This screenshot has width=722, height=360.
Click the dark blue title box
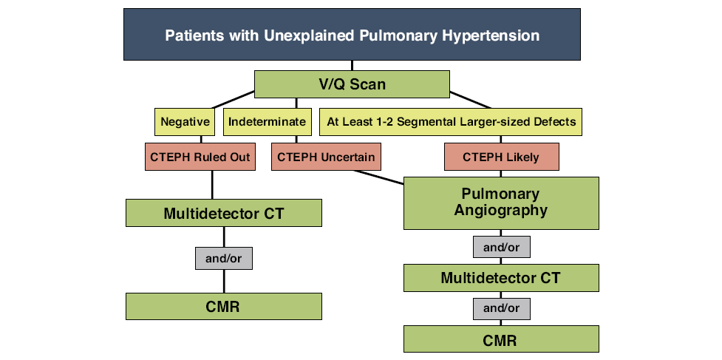tap(352, 34)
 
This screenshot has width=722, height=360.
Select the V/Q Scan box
tap(352, 84)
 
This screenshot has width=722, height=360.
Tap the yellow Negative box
tap(185, 122)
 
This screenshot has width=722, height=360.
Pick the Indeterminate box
tap(267, 122)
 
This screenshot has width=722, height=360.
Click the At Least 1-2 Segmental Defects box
tap(451, 122)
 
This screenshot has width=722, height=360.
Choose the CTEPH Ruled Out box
tap(200, 157)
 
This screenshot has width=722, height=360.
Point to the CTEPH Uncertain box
tap(326, 157)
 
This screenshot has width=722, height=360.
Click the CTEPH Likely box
tap(502, 157)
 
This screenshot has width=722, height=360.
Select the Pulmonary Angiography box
tap(502, 203)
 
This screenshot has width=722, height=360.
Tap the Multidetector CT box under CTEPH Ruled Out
tap(224, 213)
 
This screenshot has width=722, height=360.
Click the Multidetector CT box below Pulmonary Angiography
tap(502, 278)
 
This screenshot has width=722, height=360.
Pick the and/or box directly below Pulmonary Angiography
tap(502, 247)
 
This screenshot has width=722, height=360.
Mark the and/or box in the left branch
tap(224, 259)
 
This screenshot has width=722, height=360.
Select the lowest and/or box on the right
tap(502, 308)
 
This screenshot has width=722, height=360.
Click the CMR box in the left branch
tap(224, 306)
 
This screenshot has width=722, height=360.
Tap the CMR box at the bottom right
tap(502, 339)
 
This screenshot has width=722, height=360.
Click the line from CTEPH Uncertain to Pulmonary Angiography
tap(378, 177)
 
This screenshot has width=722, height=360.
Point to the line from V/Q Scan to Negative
tap(233, 100)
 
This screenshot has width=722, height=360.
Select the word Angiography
tap(501, 211)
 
